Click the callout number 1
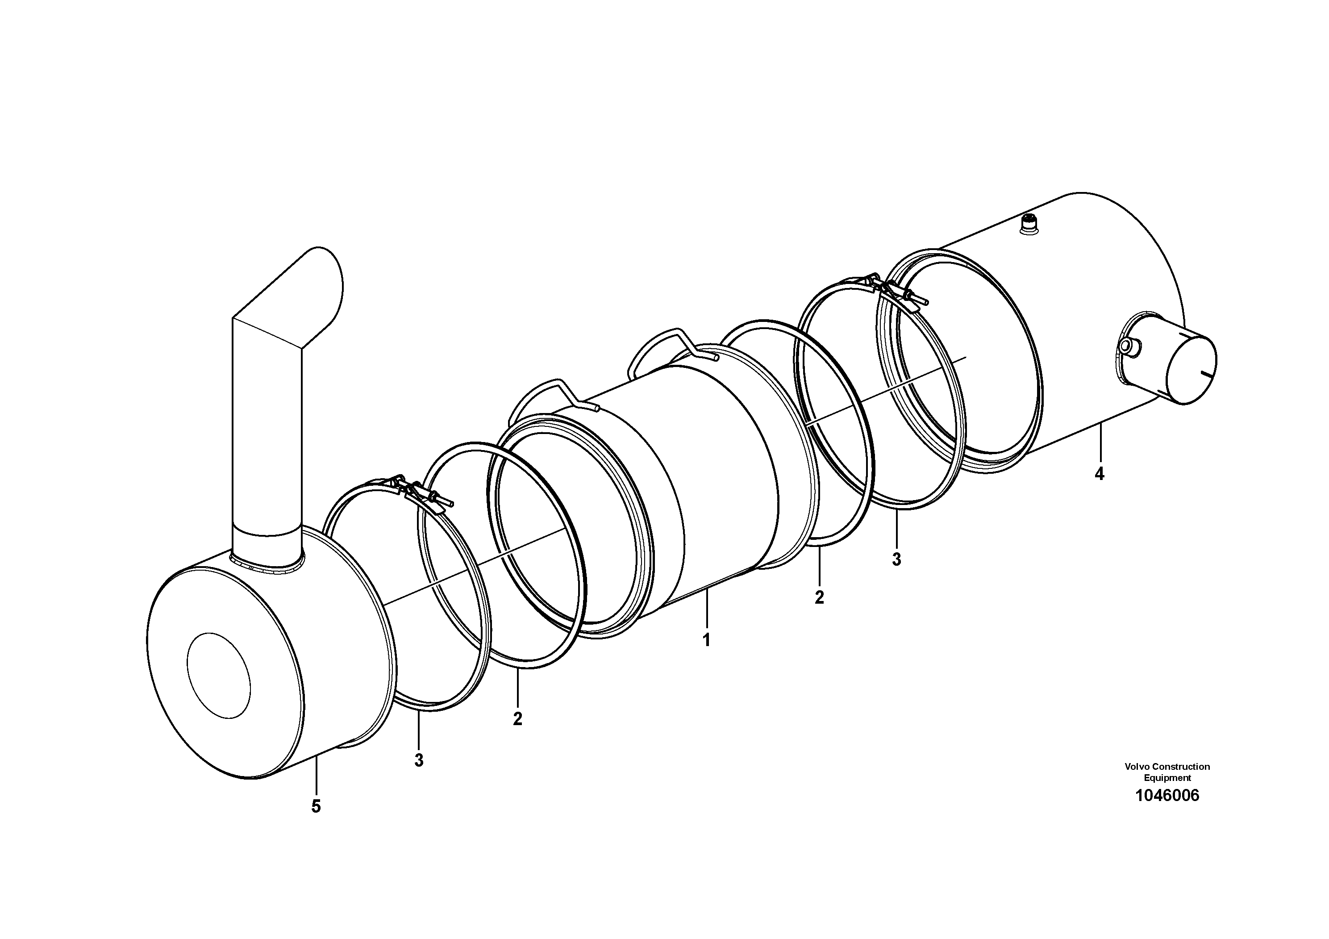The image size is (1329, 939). pos(706,640)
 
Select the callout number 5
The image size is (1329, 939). pos(316,806)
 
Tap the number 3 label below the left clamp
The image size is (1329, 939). pos(418,760)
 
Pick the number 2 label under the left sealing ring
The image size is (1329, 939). pos(517,718)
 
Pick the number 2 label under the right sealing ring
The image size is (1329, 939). pos(819,597)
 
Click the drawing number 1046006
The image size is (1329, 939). pos(1167,795)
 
